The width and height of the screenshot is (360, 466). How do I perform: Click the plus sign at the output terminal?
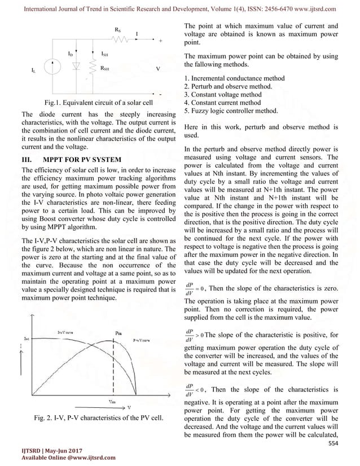click(x=160, y=41)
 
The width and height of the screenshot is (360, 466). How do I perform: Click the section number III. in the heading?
click(x=25, y=159)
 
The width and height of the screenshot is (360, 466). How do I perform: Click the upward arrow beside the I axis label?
click(x=21, y=367)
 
